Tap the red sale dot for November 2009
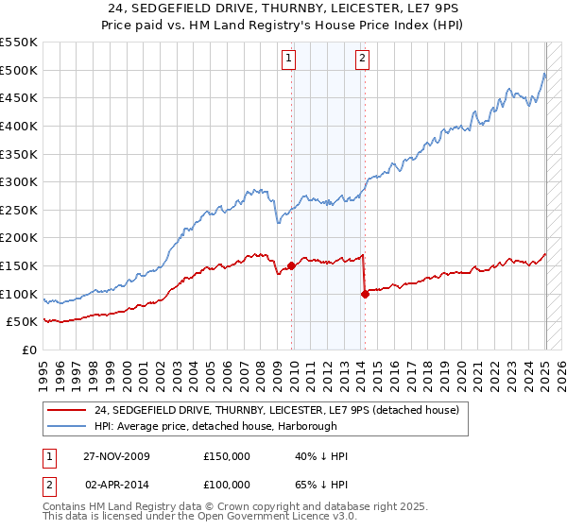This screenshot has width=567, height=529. pyautogui.click(x=291, y=265)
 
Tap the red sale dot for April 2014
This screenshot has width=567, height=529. pyautogui.click(x=365, y=294)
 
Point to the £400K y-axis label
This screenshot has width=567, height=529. pyautogui.click(x=19, y=126)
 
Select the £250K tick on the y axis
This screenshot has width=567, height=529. pyautogui.click(x=19, y=210)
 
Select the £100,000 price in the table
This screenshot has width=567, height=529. pyautogui.click(x=227, y=484)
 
